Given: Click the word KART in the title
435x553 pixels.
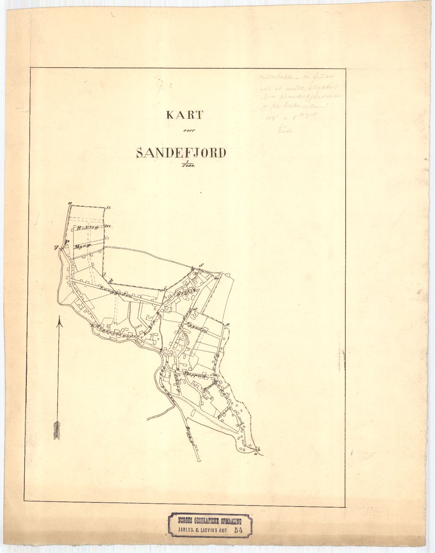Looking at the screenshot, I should [x=184, y=115].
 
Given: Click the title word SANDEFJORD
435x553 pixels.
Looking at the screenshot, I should [x=181, y=153].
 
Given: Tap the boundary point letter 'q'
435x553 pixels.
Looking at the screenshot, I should [x=57, y=248].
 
